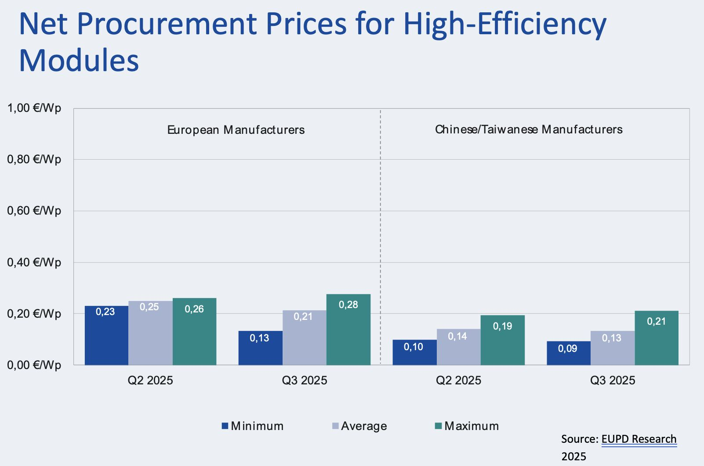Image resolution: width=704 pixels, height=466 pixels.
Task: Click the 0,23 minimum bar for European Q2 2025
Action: point(106,335)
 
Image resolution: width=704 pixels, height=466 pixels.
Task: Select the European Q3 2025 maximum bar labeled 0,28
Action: point(348,330)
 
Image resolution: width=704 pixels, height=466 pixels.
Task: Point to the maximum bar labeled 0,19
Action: point(502,340)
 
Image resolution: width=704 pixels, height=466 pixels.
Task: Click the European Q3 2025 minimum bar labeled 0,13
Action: point(260,348)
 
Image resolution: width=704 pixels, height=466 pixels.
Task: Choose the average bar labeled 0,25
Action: point(150,333)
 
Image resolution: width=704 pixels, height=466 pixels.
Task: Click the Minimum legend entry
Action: point(253,426)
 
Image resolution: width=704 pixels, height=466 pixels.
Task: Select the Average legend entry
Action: point(359,426)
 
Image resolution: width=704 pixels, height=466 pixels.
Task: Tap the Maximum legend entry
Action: point(467,426)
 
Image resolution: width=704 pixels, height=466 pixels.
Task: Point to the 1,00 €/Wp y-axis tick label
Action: point(34,108)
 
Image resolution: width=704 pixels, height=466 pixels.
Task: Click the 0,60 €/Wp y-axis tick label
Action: point(34,211)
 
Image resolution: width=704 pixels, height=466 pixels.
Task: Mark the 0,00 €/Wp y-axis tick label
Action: point(34,365)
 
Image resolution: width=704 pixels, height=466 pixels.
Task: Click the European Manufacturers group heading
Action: point(236,130)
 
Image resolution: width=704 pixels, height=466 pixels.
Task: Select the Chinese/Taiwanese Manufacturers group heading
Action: point(529,129)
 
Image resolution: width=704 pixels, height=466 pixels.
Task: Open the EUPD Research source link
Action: point(639,439)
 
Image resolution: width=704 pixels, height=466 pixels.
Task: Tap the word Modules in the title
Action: point(79,60)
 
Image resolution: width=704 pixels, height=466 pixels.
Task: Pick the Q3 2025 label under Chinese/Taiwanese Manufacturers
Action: point(613,380)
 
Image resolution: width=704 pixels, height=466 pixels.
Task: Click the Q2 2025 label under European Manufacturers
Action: point(150,380)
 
